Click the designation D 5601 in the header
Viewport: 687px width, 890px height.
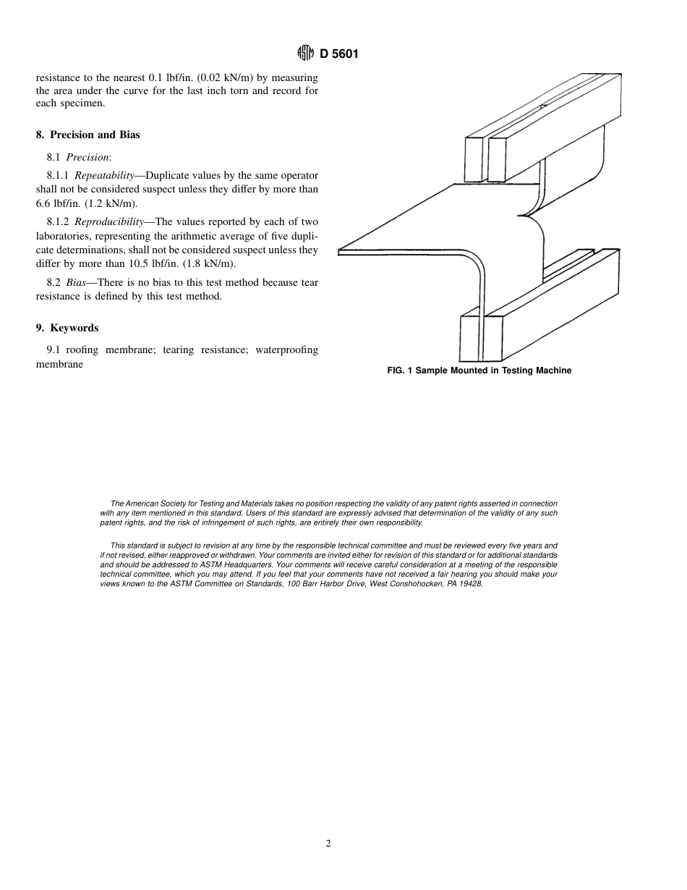[339, 54]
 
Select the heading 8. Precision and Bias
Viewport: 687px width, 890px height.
[88, 135]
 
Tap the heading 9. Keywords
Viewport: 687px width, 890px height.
[67, 328]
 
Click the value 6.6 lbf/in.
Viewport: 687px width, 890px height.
[59, 203]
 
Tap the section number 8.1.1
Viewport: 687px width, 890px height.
[59, 175]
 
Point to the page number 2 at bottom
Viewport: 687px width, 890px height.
[328, 843]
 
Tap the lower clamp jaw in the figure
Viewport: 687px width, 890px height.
[542, 318]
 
